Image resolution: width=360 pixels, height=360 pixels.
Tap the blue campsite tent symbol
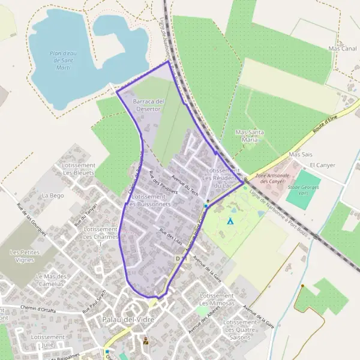click(x=230, y=221)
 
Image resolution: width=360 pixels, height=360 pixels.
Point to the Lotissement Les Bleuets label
click(x=79, y=169)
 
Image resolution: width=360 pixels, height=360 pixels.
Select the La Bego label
click(x=53, y=196)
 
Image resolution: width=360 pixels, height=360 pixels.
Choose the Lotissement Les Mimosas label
click(x=216, y=299)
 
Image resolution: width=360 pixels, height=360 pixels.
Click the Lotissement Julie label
click(x=48, y=341)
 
